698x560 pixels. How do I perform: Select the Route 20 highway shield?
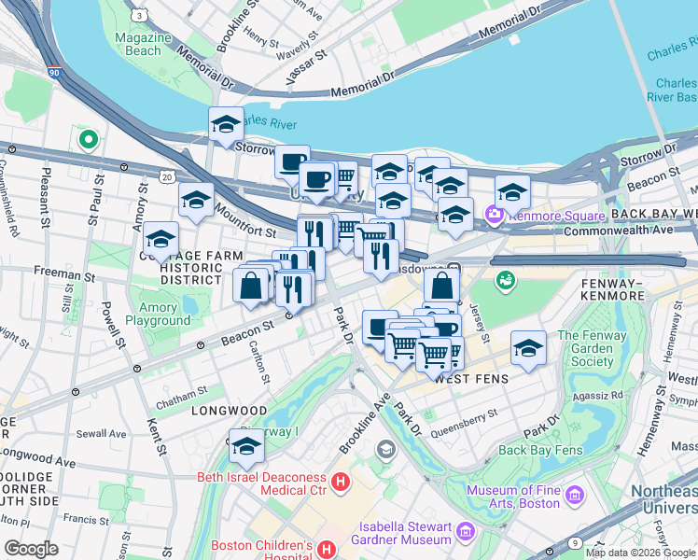pyautogui.click(x=167, y=175)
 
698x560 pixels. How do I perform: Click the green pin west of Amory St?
pyautogui.click(x=89, y=141)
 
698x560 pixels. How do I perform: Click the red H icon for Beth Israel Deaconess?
pyautogui.click(x=342, y=482)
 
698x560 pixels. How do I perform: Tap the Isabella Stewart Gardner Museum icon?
pyautogui.click(x=465, y=531)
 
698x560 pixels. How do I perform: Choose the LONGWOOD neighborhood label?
pyautogui.click(x=229, y=411)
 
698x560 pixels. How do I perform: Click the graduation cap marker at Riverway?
pyautogui.click(x=246, y=449)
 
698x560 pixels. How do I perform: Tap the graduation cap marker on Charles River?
pyautogui.click(x=226, y=124)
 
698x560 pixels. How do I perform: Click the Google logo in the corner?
pyautogui.click(x=32, y=549)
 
